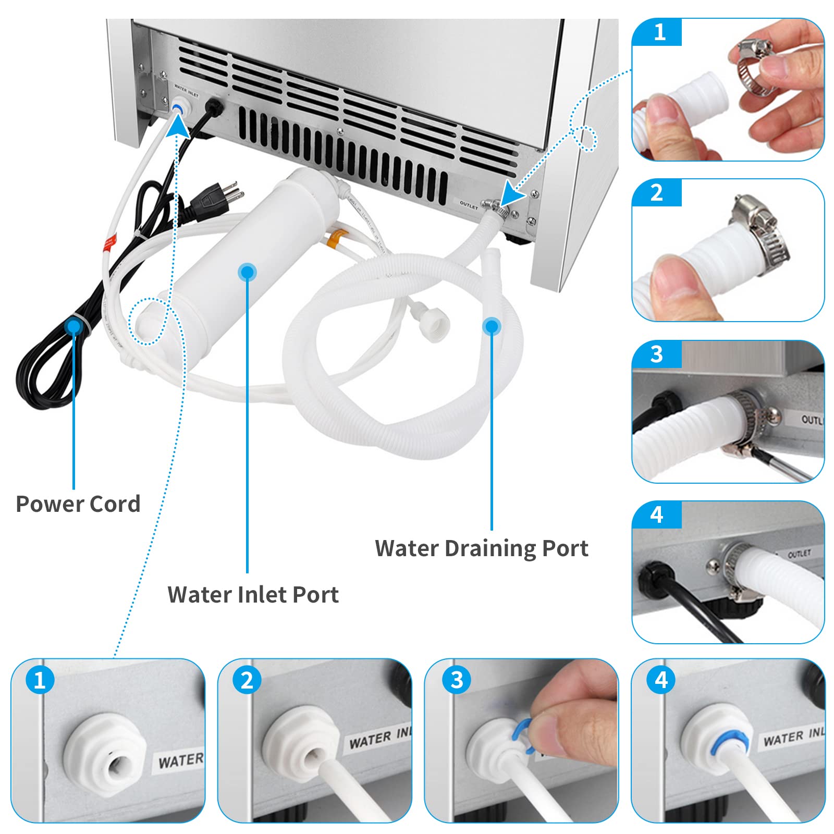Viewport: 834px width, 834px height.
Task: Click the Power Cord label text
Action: click(78, 504)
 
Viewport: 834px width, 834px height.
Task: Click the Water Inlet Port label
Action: click(253, 594)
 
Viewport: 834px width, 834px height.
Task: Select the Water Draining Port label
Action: click(481, 548)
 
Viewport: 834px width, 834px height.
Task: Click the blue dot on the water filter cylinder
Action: click(247, 272)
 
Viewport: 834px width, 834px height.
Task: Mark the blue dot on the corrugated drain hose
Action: click(492, 327)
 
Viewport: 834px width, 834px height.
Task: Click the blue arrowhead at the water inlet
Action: click(178, 125)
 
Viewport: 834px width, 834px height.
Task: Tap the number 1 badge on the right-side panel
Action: click(658, 33)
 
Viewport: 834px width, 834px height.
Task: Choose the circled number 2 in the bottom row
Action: click(247, 680)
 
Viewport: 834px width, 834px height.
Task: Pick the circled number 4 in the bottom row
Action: click(660, 680)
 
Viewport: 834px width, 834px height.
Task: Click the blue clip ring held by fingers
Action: click(524, 735)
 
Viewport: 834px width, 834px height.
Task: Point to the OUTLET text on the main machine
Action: click(468, 205)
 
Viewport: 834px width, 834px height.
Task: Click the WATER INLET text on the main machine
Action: click(186, 92)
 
